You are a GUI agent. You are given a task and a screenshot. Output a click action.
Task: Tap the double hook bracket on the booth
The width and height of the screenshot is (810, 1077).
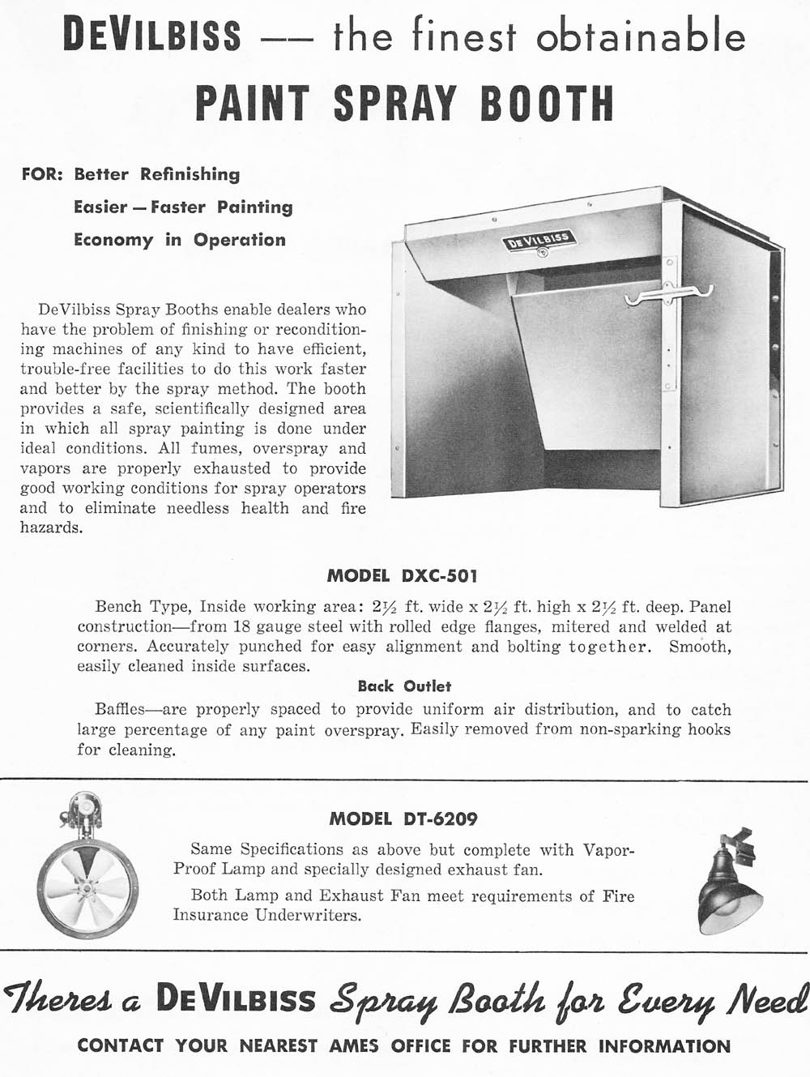[668, 296]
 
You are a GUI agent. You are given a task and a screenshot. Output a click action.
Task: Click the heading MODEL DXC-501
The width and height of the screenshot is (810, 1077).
[402, 576]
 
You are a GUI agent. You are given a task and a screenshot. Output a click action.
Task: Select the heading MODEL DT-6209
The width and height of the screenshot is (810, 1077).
[403, 819]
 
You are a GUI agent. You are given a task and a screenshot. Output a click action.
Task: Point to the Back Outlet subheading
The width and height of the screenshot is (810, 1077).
[404, 686]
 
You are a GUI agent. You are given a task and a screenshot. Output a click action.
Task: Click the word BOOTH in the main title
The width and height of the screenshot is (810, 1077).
[547, 104]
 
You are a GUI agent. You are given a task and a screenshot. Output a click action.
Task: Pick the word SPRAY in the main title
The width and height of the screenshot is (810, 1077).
[395, 104]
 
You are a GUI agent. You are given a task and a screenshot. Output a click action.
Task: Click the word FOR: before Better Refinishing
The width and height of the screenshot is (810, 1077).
[42, 174]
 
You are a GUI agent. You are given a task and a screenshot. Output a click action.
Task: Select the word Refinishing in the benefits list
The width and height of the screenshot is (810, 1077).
[190, 174]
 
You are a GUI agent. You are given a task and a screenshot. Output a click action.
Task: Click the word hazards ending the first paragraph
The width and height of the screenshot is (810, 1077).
[51, 528]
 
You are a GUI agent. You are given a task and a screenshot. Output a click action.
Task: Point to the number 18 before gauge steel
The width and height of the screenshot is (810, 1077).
[241, 626]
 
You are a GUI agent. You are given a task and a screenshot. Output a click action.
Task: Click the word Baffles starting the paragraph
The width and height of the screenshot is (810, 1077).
[120, 710]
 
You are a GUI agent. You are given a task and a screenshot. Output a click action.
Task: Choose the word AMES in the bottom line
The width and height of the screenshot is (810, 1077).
[354, 1045]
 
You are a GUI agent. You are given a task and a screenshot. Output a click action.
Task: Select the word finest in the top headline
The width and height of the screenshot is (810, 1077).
[463, 36]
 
